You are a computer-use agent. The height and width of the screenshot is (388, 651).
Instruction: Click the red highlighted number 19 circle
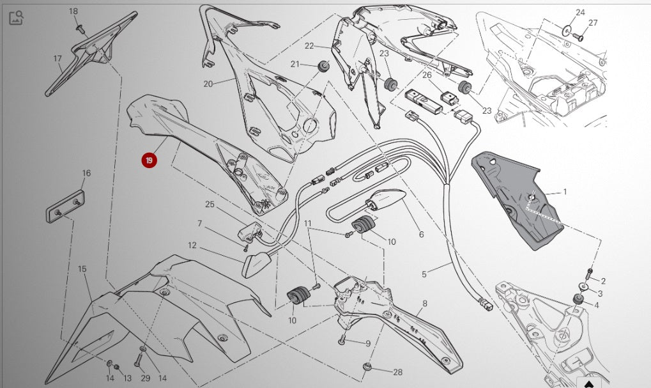coord(149,160)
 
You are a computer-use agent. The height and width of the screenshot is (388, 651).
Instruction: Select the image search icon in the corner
coord(16,18)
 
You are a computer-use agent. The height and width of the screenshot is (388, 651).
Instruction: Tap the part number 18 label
coord(73,12)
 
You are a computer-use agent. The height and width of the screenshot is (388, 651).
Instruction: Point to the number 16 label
coord(86,173)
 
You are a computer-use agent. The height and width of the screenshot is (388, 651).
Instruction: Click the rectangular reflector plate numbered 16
coord(65,206)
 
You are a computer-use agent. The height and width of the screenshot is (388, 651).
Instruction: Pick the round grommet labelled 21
coord(324,66)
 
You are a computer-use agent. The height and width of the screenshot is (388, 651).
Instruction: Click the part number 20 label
coord(208,84)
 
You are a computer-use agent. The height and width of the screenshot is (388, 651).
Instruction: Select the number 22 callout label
coord(309,45)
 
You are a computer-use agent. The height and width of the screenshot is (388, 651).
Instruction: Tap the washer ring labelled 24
coord(567,30)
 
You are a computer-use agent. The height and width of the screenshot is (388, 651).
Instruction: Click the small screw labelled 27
coord(578,38)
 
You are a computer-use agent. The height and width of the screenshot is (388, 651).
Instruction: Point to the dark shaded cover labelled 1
coord(516,200)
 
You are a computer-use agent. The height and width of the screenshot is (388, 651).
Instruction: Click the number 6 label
coord(422,235)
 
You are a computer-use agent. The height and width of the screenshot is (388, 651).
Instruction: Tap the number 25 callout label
coord(210,205)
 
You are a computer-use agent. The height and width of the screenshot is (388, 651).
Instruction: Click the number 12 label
coord(192,245)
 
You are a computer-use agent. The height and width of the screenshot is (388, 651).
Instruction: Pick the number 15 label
coord(82,269)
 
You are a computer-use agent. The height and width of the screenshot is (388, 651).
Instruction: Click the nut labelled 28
coord(367,366)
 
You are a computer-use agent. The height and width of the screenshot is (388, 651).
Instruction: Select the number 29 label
coord(145,378)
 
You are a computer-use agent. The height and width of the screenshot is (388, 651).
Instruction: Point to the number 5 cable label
coord(424,274)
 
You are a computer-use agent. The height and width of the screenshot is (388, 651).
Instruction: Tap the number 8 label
coord(425,304)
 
